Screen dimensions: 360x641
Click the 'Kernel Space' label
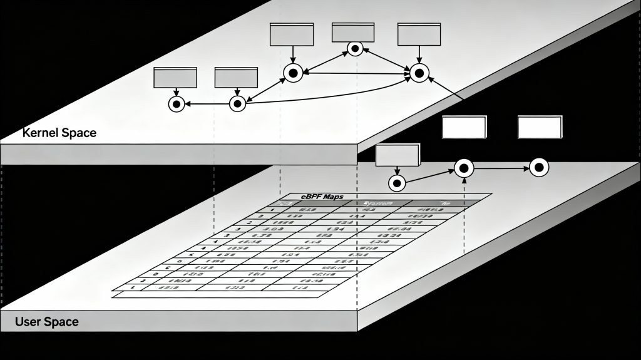(59, 133)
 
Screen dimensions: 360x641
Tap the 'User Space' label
(47, 322)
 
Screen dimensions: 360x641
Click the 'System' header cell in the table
(377, 203)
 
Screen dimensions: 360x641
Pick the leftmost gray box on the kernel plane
(175, 78)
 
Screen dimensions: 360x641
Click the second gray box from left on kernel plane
(236, 78)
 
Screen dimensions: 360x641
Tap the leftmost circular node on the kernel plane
(177, 104)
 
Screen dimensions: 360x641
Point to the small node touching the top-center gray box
(355, 48)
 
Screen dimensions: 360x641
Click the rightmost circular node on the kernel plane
(419, 73)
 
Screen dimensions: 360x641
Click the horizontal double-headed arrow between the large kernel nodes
(356, 73)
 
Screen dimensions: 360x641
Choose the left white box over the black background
(464, 127)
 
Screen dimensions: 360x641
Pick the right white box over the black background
(539, 127)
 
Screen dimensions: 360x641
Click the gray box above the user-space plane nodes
(397, 155)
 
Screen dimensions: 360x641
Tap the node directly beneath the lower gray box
(397, 183)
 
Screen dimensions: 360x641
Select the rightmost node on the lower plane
(539, 167)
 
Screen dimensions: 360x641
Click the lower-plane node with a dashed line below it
(464, 167)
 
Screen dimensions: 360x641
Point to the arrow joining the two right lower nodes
(501, 168)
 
